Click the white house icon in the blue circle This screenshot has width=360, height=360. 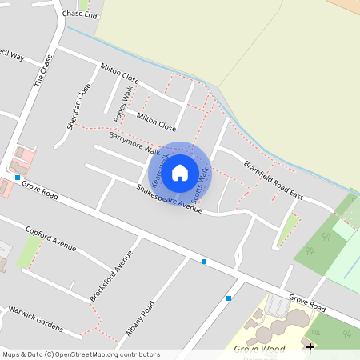tap(180, 171)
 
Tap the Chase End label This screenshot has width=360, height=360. tap(78, 14)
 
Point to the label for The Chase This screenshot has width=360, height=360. tap(43, 70)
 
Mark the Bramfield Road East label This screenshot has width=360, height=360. tap(274, 180)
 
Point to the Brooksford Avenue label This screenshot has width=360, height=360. tap(111, 277)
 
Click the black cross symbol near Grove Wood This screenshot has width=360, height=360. tap(310, 346)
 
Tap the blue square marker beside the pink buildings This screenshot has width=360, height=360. tap(18, 177)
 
